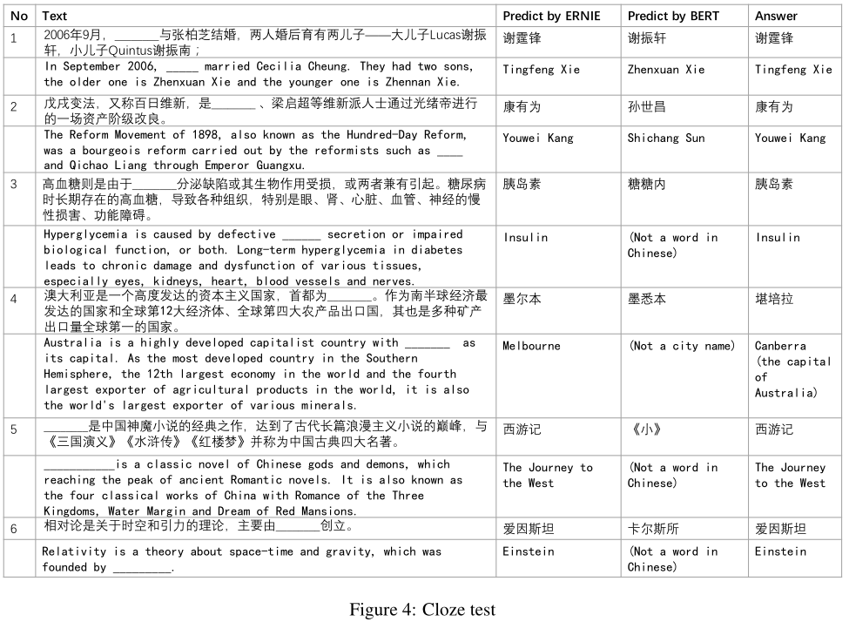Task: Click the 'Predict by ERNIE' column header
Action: (x=551, y=16)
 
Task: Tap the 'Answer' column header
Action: (x=776, y=16)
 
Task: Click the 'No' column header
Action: (x=19, y=16)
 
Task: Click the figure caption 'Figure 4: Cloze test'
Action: (x=422, y=609)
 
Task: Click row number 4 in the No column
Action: (x=14, y=299)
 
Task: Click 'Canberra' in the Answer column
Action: (x=780, y=346)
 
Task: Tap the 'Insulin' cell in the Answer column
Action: (x=779, y=238)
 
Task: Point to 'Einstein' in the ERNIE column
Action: (x=528, y=551)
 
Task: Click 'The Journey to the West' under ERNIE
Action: (x=547, y=475)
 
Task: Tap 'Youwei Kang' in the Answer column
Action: (x=790, y=138)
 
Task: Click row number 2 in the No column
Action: (x=14, y=106)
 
